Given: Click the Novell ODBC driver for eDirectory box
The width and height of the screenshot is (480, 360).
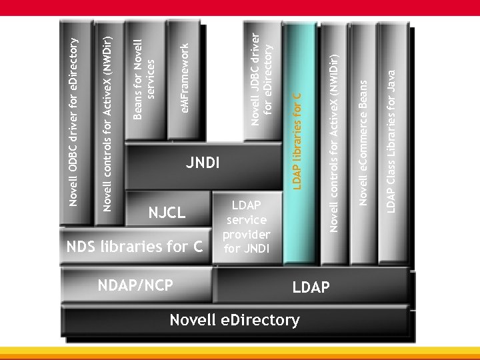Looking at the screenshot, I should coord(75,120).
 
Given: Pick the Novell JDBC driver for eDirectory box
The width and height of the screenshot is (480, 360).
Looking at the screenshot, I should coord(263,80).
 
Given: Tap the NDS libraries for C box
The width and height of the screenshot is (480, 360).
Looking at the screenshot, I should coord(134,247).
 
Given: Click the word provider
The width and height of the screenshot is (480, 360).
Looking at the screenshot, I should coord(246,234).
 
